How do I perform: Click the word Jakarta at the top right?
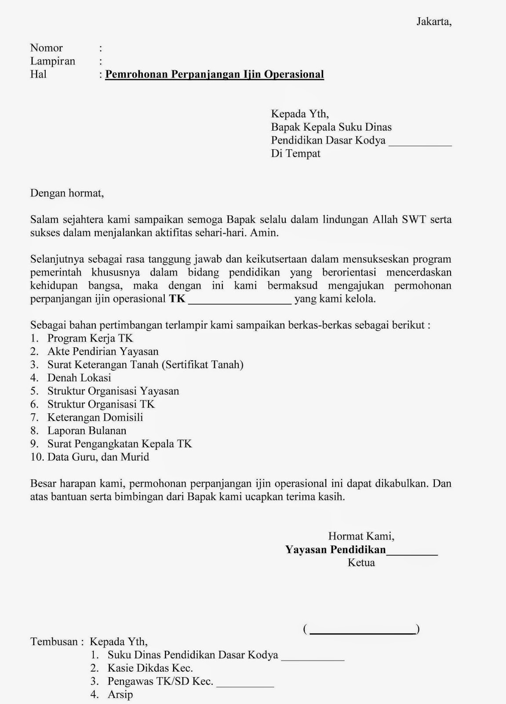(x=433, y=22)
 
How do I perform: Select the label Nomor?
(x=46, y=48)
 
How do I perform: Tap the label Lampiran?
(x=52, y=61)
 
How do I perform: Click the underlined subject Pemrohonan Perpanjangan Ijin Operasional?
(x=215, y=74)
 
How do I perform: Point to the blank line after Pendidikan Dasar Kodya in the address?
(x=420, y=143)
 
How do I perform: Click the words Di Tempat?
(x=295, y=154)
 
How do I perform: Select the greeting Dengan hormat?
(x=67, y=193)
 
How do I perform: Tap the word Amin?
(x=264, y=233)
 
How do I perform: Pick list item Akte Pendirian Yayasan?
(x=103, y=352)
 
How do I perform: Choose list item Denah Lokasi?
(x=79, y=378)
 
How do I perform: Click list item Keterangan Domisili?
(x=95, y=418)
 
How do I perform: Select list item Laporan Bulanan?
(x=87, y=431)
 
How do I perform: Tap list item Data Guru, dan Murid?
(x=98, y=457)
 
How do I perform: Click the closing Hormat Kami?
(x=361, y=536)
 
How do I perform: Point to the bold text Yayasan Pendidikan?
(x=335, y=550)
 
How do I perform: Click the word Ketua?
(x=361, y=563)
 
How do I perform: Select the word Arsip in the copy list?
(x=120, y=695)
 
